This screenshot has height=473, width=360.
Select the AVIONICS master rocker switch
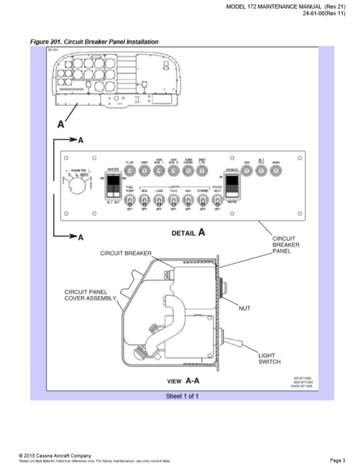point(231,186)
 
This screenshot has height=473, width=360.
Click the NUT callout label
point(245,307)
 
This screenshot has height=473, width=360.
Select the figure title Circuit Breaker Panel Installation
point(95,42)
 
